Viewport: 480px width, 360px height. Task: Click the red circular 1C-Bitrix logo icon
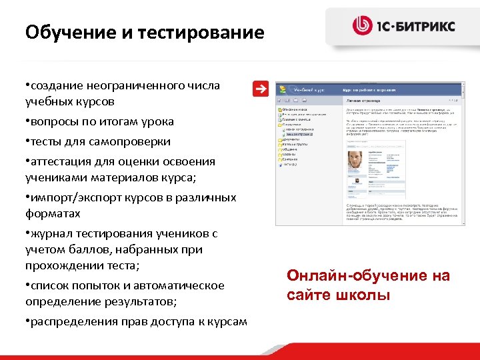point(363,26)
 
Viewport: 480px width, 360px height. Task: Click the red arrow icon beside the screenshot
point(262,89)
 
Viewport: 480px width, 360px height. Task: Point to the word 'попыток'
point(93,285)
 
